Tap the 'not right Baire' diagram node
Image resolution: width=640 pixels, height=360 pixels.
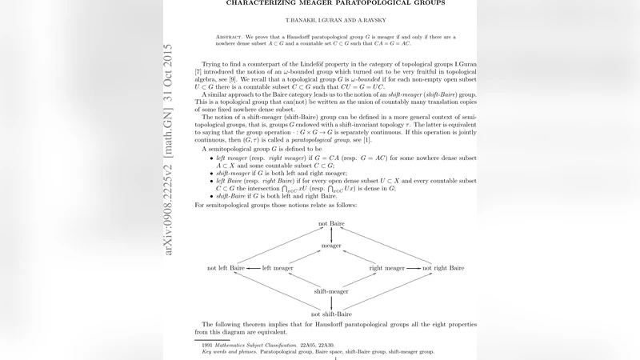click(446, 268)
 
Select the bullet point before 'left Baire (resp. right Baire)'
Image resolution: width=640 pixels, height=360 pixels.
click(209, 182)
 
